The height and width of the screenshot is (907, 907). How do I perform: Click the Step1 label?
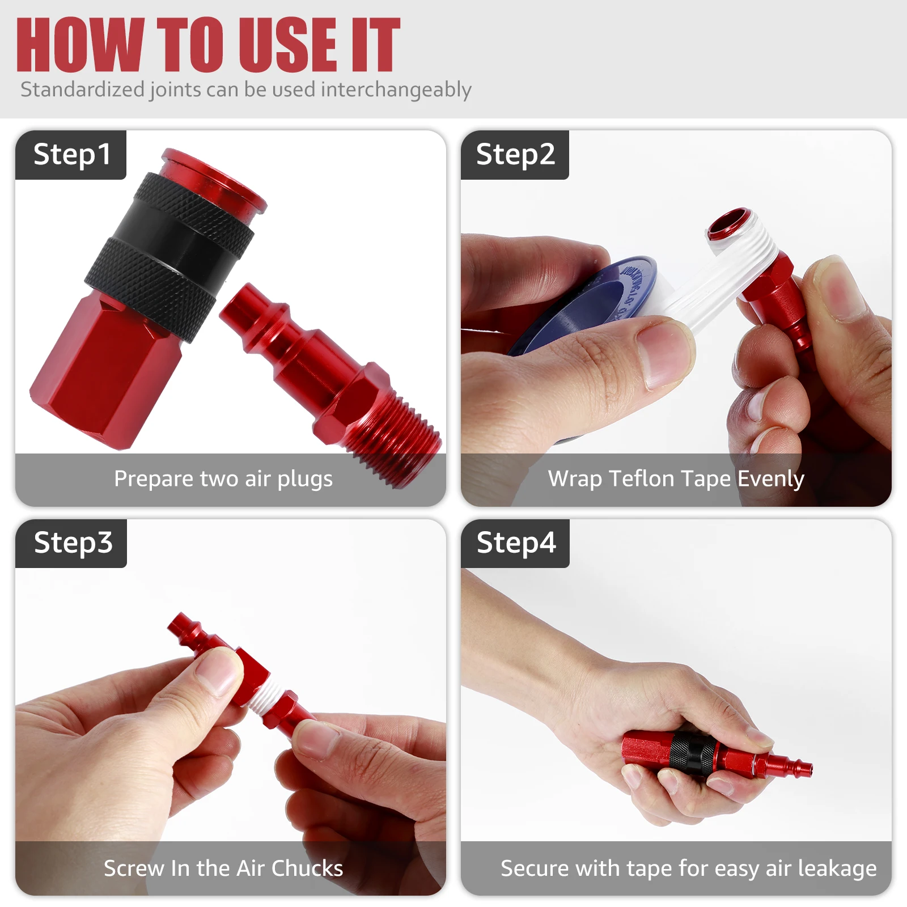(71, 155)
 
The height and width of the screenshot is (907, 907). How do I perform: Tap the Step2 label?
(515, 155)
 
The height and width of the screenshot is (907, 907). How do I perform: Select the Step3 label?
(73, 543)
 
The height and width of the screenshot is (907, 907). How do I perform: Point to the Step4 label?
(516, 543)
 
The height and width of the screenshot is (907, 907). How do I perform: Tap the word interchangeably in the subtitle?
(396, 90)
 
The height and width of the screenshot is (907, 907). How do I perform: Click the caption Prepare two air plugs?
(223, 479)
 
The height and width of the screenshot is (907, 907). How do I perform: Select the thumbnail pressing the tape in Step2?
(663, 354)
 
